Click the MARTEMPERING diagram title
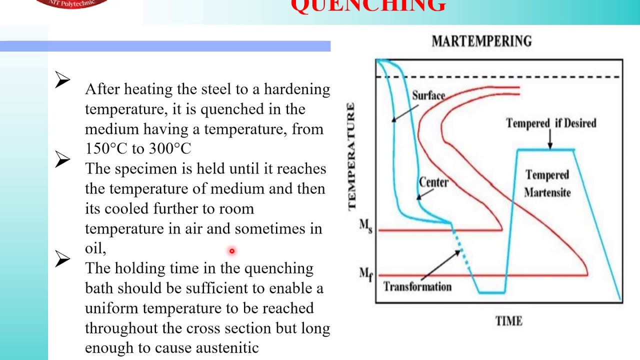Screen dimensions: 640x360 pyautogui.click(x=481, y=41)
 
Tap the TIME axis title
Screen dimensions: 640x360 pyautogui.click(x=508, y=321)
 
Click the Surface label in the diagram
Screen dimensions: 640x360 pyautogui.click(x=428, y=95)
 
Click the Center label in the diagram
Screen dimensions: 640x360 pyautogui.click(x=433, y=182)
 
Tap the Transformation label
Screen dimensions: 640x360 pyautogui.click(x=417, y=286)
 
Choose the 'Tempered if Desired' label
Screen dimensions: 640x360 pyautogui.click(x=551, y=123)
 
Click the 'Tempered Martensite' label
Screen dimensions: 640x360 pyautogui.click(x=547, y=183)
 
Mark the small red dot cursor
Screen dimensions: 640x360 pyautogui.click(x=232, y=251)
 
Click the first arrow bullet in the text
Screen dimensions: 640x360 pyautogui.click(x=62, y=80)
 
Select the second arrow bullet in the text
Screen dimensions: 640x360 pyautogui.click(x=62, y=159)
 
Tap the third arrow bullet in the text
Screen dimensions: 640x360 pyautogui.click(x=62, y=259)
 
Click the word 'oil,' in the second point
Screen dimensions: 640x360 pyautogui.click(x=95, y=248)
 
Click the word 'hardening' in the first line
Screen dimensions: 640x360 pyautogui.click(x=297, y=89)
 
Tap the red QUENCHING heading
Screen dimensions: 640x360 pyautogui.click(x=368, y=6)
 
